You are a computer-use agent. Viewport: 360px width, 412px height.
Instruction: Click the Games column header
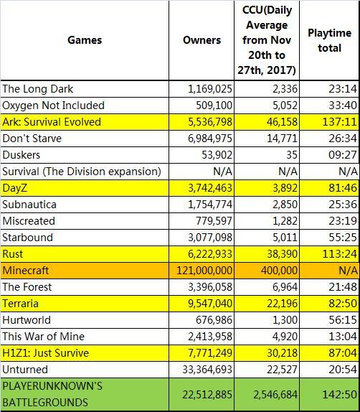pos(85,40)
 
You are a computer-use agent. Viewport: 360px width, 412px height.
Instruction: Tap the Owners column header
pos(202,40)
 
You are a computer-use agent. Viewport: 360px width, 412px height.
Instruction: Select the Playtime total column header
pos(330,40)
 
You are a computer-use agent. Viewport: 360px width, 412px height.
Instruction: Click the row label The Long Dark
pos(38,89)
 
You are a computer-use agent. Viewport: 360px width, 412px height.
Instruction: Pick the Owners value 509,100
pos(214,106)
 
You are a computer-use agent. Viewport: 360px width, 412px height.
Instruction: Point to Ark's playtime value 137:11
pos(339,122)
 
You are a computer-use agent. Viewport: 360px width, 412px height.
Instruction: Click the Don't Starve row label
pos(32,139)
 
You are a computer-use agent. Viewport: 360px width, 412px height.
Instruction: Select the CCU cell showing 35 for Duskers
pos(292,155)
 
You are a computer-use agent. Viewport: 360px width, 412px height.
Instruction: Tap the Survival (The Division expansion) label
pos(82,172)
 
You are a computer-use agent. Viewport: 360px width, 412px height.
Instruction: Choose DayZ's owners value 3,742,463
pos(210,188)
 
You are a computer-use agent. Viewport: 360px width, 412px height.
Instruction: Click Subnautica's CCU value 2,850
pos(285,205)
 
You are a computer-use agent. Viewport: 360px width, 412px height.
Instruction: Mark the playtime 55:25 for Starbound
pos(343,238)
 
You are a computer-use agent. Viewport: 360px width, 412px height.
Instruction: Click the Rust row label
pos(13,254)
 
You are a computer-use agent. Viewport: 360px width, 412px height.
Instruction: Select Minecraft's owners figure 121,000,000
pos(204,271)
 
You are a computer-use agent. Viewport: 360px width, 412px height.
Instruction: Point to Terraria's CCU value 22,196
pos(283,304)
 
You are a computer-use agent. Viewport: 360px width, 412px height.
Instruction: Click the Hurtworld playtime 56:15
pos(343,320)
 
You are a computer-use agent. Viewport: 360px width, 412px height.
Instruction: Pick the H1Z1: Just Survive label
pos(46,353)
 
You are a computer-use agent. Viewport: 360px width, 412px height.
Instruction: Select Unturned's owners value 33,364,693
pos(207,370)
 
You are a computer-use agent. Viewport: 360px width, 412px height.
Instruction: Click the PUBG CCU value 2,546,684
pos(275,394)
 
